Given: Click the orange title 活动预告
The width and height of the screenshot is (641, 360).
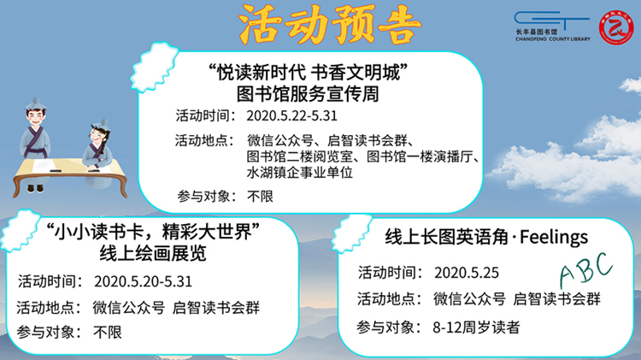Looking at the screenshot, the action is [330, 25].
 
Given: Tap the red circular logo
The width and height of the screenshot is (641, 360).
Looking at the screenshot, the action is [616, 27].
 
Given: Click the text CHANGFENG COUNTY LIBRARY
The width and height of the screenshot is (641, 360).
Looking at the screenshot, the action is [553, 38].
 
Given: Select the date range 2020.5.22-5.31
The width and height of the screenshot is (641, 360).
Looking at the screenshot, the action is [292, 115].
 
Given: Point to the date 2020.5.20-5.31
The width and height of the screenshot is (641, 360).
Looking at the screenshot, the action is [143, 281].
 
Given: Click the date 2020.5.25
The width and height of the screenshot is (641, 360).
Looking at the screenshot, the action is [467, 273].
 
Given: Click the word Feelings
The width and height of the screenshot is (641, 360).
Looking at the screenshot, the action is [554, 237].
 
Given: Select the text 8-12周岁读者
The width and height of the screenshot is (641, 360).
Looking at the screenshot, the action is [476, 328].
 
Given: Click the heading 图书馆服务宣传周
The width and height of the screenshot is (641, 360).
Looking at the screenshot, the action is [308, 94].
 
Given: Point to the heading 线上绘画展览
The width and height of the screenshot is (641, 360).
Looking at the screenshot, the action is [153, 254].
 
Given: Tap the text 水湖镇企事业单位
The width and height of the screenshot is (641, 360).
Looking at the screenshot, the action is [300, 172].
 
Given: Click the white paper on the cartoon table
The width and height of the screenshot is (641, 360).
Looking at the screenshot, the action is [44, 166].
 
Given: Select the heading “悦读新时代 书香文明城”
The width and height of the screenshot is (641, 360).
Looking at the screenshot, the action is [308, 73].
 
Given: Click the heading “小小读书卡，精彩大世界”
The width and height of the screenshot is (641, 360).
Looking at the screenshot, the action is [153, 233].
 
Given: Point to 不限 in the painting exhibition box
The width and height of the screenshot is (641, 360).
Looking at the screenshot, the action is [108, 332].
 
